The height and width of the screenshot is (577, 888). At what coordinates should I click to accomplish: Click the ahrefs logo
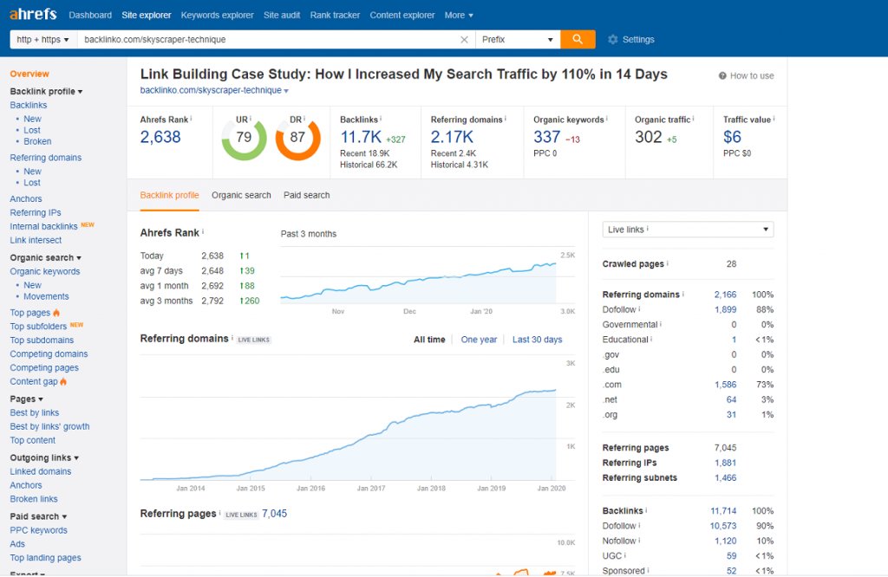34,15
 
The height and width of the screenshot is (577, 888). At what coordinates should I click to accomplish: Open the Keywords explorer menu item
217,16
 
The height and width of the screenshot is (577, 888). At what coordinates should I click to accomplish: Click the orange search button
578,39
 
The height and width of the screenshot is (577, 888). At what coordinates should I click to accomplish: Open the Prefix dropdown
518,39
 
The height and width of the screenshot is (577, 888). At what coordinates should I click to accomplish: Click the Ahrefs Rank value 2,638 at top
160,137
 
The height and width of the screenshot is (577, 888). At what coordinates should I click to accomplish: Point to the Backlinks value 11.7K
360,137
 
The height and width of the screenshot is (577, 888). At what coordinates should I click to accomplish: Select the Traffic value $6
733,137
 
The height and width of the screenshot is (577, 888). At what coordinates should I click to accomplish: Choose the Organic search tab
241,196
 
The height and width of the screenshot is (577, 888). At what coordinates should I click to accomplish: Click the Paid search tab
306,196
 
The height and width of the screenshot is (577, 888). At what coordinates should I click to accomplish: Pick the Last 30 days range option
537,340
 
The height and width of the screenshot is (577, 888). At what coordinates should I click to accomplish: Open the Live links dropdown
688,230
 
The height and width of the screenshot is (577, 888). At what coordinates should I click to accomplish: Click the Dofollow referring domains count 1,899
725,309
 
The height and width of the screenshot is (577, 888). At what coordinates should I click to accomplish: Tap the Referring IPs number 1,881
725,464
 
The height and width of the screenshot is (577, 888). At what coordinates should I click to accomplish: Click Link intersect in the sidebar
36,241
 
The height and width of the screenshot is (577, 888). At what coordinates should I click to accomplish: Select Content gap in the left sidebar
34,382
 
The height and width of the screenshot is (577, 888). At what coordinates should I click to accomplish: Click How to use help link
747,76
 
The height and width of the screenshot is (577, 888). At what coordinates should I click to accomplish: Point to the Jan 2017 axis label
370,489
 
